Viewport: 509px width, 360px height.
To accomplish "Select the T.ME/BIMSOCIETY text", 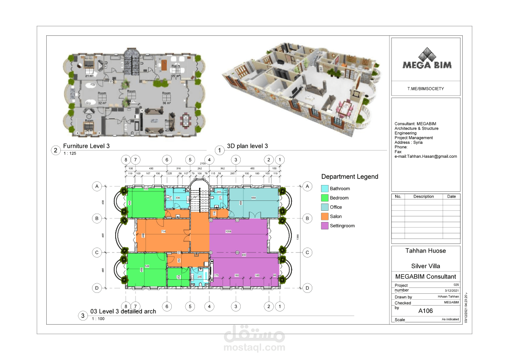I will (425, 89).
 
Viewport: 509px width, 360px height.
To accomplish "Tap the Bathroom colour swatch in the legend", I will (324, 188).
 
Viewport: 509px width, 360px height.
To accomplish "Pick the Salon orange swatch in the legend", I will (324, 216).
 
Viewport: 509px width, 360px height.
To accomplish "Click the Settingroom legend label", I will (342, 226).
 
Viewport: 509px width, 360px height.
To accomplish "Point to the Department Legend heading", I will (349, 177).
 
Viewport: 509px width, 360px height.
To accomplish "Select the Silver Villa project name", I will (425, 266).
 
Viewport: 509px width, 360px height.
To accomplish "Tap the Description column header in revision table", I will (423, 197).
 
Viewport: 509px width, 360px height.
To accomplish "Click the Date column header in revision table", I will (451, 197).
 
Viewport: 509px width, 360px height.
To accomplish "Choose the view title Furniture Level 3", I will (86, 146).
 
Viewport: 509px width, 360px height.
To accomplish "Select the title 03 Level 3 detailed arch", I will (123, 311).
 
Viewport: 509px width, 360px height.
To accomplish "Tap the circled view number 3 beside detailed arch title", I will (82, 316).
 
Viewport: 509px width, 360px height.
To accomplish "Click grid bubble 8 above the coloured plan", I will (126, 160).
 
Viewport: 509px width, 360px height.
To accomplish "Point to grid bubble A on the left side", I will (97, 186).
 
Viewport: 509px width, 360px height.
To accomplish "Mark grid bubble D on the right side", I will (307, 287).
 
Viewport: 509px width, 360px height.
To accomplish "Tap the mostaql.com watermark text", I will (254, 348).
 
